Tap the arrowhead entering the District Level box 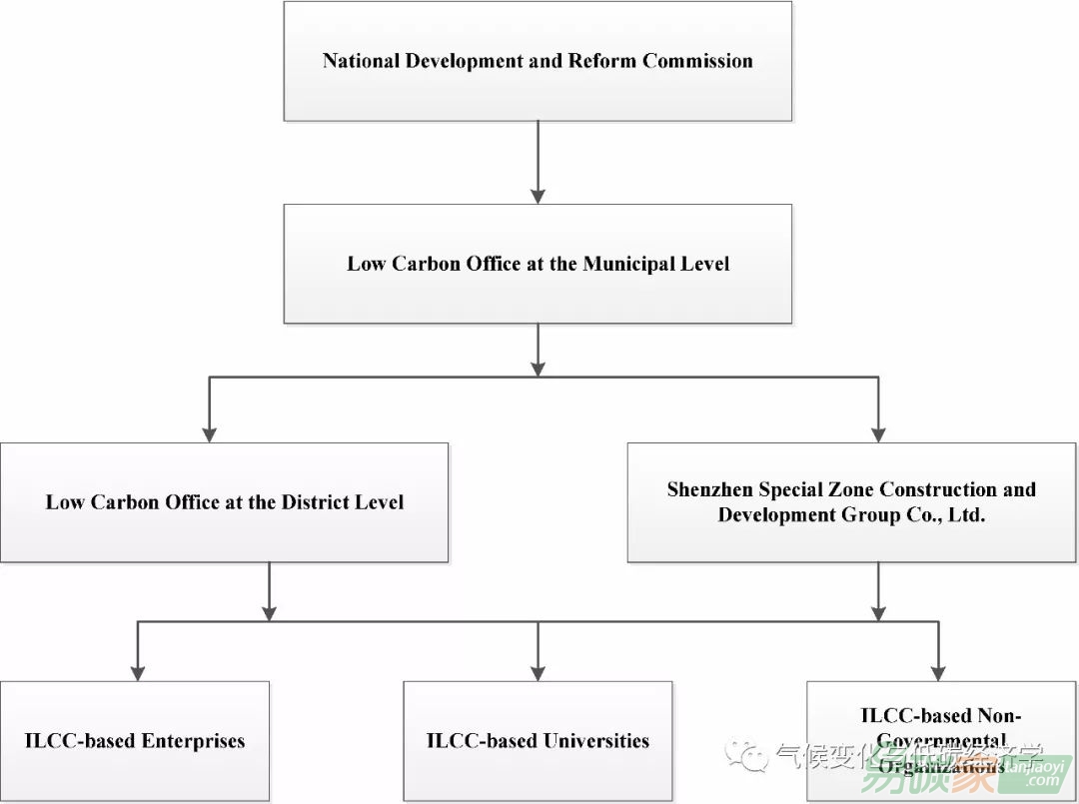pos(210,433)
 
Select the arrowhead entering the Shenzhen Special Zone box pos(878,433)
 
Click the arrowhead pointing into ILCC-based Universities pos(539,672)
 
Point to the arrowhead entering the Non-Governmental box pos(938,672)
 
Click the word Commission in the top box pos(697,61)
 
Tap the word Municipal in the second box pos(625,265)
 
